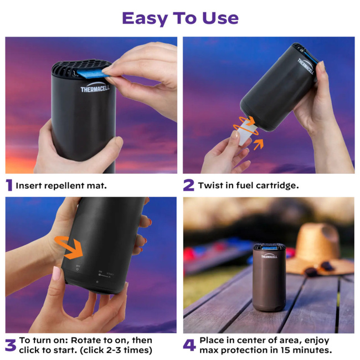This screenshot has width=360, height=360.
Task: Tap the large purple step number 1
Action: tap(9, 186)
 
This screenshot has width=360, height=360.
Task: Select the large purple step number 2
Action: tap(188, 186)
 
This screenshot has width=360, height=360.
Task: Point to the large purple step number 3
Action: tap(10, 345)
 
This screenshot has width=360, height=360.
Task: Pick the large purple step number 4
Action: tap(189, 345)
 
